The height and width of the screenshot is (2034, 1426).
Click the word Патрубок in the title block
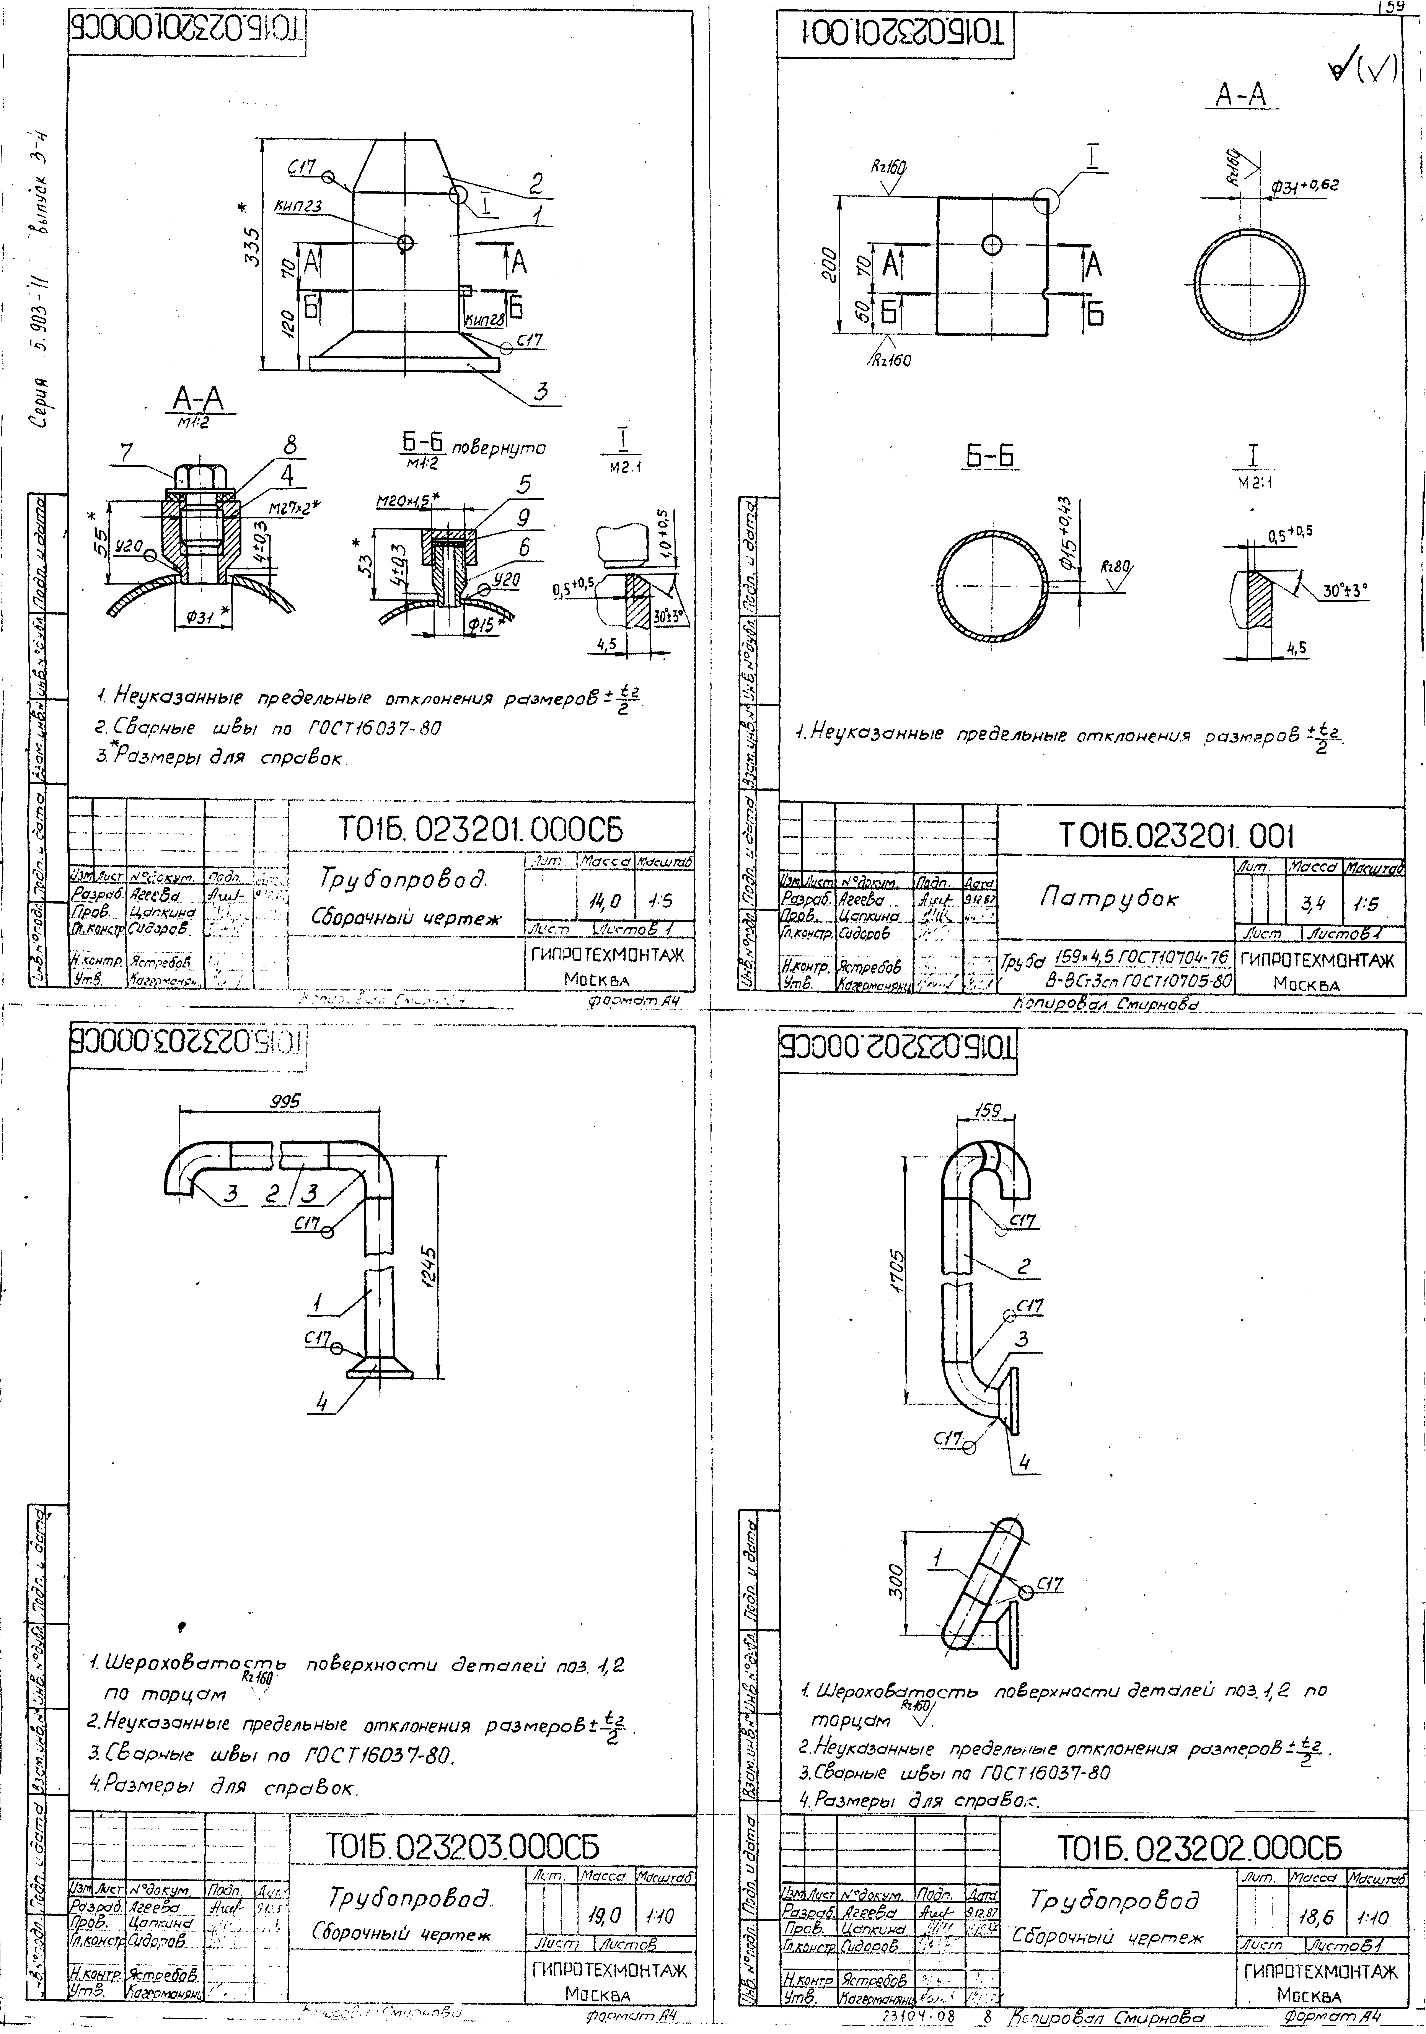[1109, 898]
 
